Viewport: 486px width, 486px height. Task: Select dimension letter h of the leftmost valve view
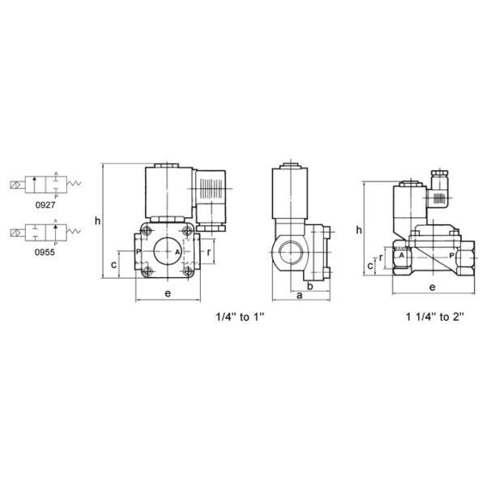97,220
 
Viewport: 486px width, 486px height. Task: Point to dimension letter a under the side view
299,296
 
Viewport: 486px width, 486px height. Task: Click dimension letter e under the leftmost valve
168,293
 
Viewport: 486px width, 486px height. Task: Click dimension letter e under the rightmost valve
433,287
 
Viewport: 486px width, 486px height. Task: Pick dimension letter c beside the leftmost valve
114,265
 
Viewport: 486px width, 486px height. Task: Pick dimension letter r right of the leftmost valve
210,252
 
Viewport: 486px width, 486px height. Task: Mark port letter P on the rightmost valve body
451,254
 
